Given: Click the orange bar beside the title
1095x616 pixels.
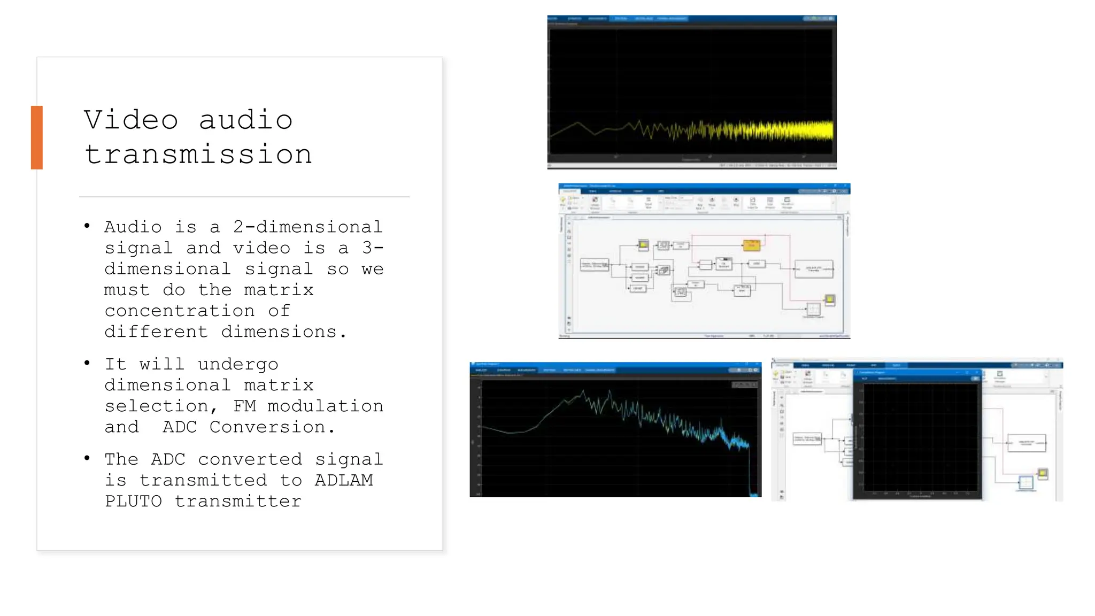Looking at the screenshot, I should [36, 137].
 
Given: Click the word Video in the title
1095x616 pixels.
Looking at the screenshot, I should [131, 120].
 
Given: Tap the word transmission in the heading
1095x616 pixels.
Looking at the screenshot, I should [198, 155].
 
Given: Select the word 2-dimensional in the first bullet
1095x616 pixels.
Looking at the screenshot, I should [308, 227].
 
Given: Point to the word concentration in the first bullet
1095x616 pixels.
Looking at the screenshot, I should [180, 311].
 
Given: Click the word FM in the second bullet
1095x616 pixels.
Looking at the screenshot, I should [244, 406].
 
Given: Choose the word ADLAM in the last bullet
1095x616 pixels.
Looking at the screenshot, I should [344, 480].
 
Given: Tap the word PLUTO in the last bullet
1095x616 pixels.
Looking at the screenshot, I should [133, 501].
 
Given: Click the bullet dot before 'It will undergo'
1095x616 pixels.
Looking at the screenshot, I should [87, 364].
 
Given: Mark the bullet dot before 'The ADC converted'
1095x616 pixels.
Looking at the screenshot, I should [87, 458].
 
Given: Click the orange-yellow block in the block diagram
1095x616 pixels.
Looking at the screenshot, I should [751, 245].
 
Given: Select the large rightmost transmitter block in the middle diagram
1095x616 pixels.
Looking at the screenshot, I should [813, 269].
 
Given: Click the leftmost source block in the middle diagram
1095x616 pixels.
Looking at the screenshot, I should [594, 265].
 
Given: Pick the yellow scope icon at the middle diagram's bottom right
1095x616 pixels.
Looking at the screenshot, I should [830, 300].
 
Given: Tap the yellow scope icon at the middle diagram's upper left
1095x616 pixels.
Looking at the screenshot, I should [643, 245].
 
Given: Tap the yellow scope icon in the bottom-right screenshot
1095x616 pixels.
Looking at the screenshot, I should [1042, 473].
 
